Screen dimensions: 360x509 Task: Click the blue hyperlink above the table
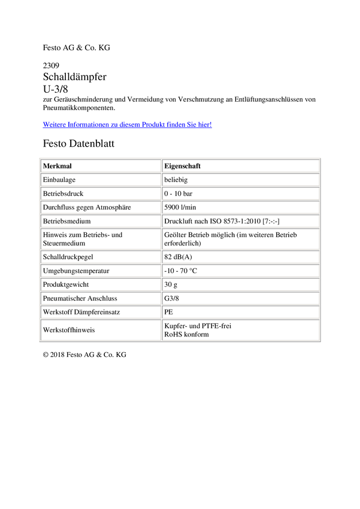(127, 125)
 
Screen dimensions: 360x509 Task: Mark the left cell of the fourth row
(101, 207)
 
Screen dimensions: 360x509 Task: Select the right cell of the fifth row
(241, 220)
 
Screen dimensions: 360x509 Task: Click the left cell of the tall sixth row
(101, 238)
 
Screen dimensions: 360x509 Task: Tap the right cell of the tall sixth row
(241, 238)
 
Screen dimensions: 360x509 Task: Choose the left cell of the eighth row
(101, 270)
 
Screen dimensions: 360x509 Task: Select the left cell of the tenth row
(101, 298)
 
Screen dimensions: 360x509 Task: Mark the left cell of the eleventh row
(101, 311)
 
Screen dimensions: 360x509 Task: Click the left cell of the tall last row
(101, 329)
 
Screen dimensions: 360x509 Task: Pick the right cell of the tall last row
(241, 329)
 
